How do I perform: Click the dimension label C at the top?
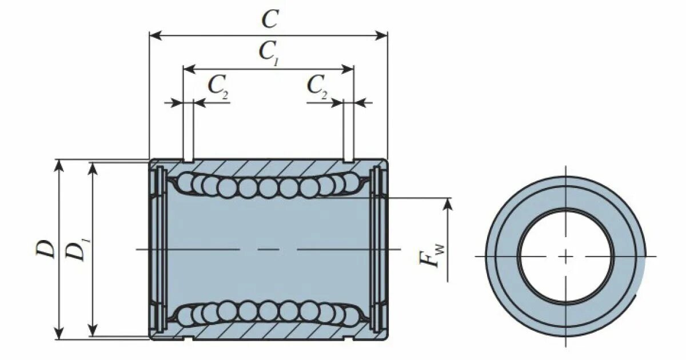pyautogui.click(x=269, y=19)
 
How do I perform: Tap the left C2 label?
pyautogui.click(x=218, y=86)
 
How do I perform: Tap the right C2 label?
pyautogui.click(x=317, y=86)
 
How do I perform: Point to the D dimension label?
pyautogui.click(x=47, y=249)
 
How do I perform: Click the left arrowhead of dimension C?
pyautogui.click(x=153, y=35)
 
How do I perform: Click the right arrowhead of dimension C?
pyautogui.click(x=384, y=35)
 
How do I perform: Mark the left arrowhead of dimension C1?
pyautogui.click(x=187, y=69)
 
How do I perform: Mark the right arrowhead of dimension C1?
pyautogui.click(x=350, y=69)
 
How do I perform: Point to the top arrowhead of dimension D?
pyautogui.click(x=58, y=164)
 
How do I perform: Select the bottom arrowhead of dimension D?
pyautogui.click(x=58, y=335)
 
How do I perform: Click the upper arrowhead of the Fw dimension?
pyautogui.click(x=447, y=202)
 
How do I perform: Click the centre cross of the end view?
pyautogui.click(x=566, y=256)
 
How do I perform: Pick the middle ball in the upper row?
pyautogui.click(x=268, y=187)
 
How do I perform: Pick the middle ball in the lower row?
pyautogui.click(x=268, y=311)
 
